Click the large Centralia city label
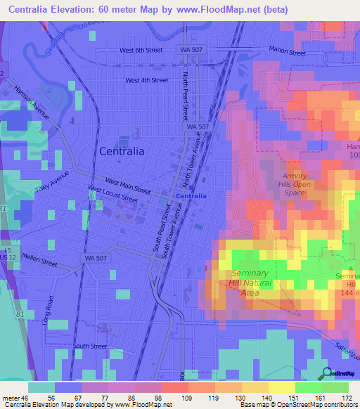[122, 150]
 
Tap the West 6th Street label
[141, 51]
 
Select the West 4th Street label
[147, 80]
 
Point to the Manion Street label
[288, 51]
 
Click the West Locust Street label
[112, 194]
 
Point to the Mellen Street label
[39, 261]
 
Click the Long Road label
[49, 311]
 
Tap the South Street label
[90, 346]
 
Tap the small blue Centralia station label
[191, 196]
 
